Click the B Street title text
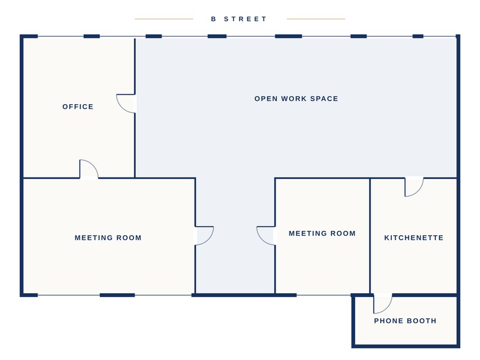coord(239,19)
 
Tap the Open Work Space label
coord(296,99)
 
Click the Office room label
coord(78,107)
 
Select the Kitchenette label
coord(414,238)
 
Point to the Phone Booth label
coord(405,321)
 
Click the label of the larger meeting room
coord(108,238)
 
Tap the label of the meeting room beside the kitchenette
coord(322,234)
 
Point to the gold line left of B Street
coord(164,19)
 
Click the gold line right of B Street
coord(316,19)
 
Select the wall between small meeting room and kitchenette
coord(370,236)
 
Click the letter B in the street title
coord(213,19)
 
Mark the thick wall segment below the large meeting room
coord(118,295)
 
